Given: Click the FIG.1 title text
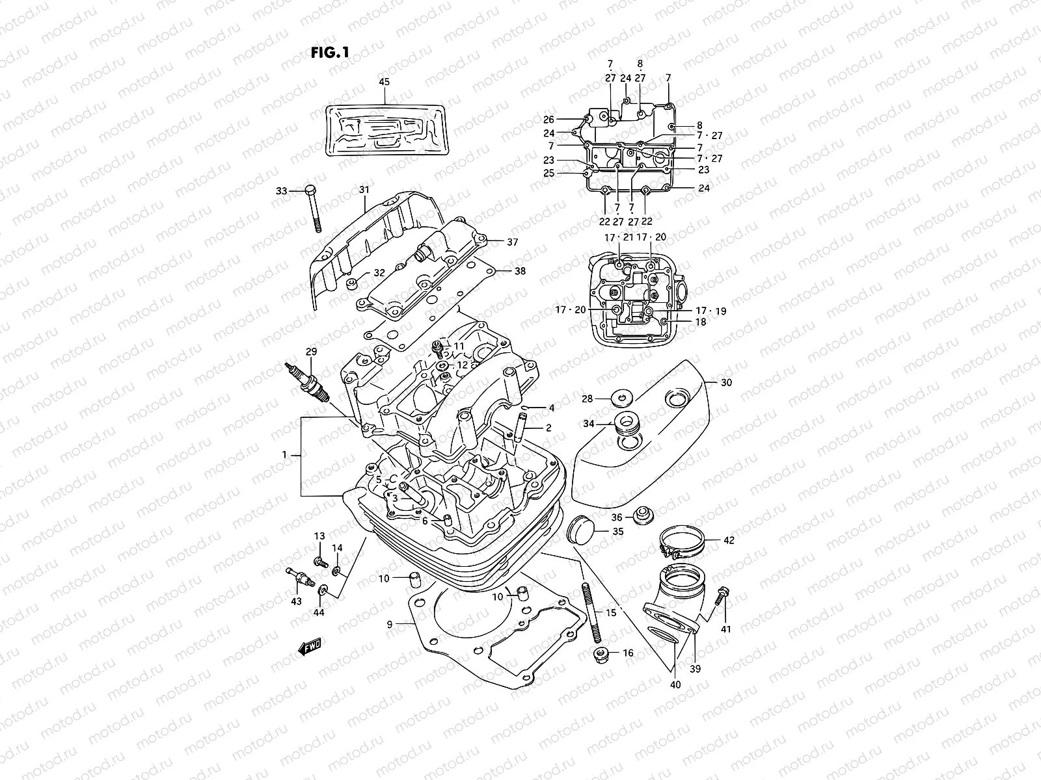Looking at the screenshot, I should (x=330, y=53).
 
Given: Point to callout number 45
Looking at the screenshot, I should (x=384, y=82).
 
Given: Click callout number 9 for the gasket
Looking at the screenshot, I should (x=389, y=624).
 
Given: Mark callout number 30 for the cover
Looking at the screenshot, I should (x=726, y=383).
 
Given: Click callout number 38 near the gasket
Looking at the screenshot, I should (x=520, y=271).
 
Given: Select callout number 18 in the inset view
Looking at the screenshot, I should (x=701, y=322).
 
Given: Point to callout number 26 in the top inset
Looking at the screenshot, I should (x=548, y=120).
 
